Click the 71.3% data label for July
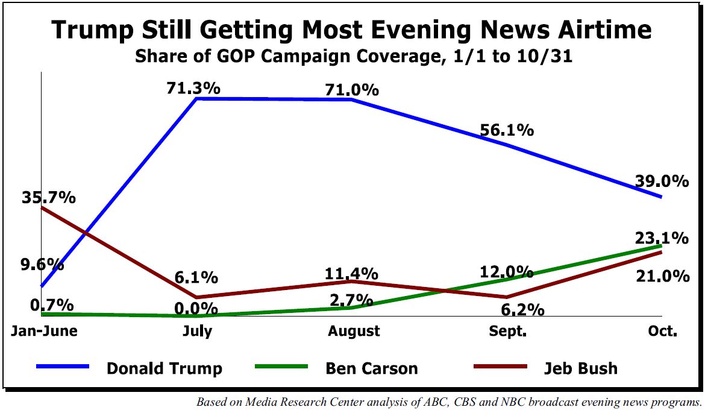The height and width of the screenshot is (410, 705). [x=193, y=88]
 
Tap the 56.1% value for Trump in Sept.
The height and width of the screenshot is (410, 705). [x=507, y=130]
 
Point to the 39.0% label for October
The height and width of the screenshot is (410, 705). [x=661, y=181]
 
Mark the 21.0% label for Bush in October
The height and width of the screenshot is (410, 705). [x=663, y=276]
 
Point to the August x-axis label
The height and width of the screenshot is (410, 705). [x=354, y=331]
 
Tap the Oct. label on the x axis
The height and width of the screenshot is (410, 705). [x=663, y=331]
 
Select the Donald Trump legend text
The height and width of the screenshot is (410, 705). [x=164, y=368]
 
